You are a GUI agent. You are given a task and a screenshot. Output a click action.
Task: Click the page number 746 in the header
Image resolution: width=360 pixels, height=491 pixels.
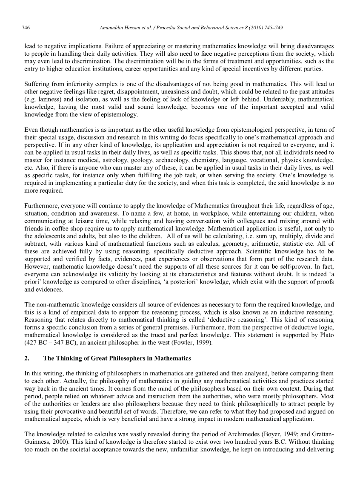point(26,28)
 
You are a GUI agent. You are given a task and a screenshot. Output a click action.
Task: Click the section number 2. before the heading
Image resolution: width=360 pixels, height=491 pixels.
point(27,358)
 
